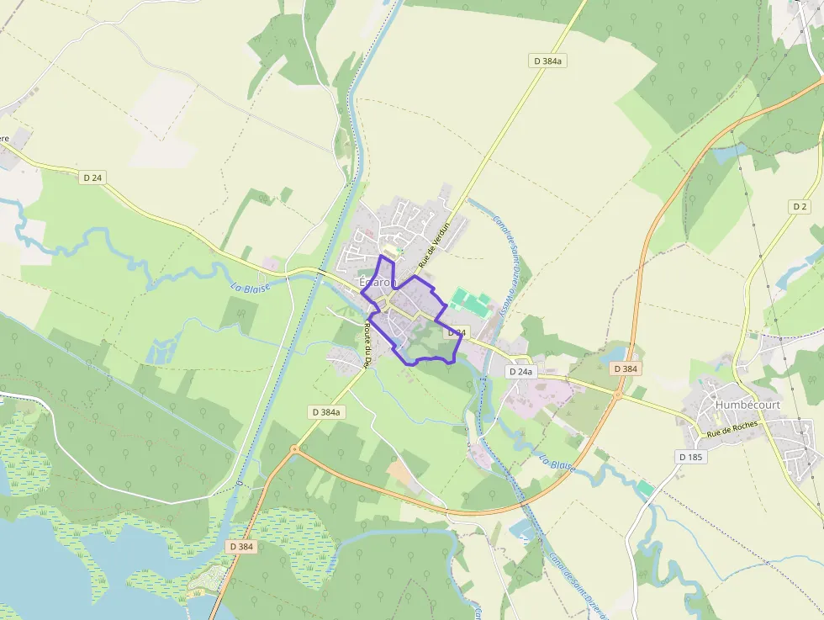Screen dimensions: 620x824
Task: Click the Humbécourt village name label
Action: click(x=747, y=405)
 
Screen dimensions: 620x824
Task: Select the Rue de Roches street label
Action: click(x=732, y=429)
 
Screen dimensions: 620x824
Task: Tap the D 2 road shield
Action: click(x=799, y=206)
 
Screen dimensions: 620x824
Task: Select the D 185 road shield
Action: click(x=691, y=456)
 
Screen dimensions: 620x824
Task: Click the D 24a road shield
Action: click(x=521, y=371)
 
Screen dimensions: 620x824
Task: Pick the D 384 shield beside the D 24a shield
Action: click(x=626, y=368)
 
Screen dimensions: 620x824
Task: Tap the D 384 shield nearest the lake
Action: click(x=241, y=546)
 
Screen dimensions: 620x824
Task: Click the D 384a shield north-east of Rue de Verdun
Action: click(x=547, y=61)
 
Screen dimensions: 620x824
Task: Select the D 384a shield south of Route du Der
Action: click(x=325, y=412)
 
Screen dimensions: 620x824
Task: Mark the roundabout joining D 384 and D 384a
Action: click(x=294, y=450)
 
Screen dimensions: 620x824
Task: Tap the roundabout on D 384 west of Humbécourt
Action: click(x=618, y=392)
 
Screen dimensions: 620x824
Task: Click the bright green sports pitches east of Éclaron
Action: click(x=470, y=302)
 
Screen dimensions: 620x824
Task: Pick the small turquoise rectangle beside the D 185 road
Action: click(x=645, y=489)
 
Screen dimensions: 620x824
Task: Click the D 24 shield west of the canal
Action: click(x=93, y=178)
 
